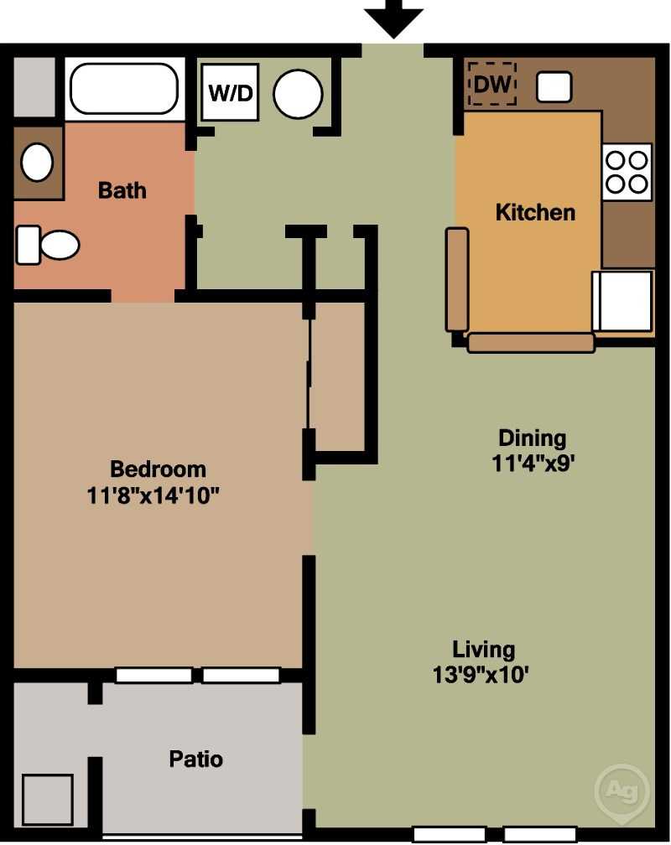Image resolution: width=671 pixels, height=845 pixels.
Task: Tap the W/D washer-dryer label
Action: pyautogui.click(x=231, y=93)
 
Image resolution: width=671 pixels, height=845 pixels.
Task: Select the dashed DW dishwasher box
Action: pyautogui.click(x=492, y=84)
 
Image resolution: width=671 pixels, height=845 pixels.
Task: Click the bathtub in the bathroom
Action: pyautogui.click(x=124, y=89)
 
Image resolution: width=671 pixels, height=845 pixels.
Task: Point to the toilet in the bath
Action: pyautogui.click(x=48, y=245)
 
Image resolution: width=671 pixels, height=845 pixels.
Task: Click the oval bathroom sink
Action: pyautogui.click(x=37, y=162)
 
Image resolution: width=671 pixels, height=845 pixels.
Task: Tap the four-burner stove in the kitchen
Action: pyautogui.click(x=627, y=172)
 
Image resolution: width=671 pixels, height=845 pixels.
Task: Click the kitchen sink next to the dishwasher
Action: pyautogui.click(x=554, y=86)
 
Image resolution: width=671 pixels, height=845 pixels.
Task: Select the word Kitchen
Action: pyautogui.click(x=535, y=212)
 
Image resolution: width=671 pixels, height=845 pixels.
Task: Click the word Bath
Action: pyautogui.click(x=122, y=190)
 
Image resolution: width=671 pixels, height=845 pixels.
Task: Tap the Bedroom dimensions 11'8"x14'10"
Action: pyautogui.click(x=153, y=495)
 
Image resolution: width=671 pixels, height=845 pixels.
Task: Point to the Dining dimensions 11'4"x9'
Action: pyautogui.click(x=531, y=463)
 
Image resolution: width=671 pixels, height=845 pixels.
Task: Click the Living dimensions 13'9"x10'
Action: pyautogui.click(x=481, y=674)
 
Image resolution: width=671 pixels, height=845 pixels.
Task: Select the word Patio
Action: pyautogui.click(x=195, y=759)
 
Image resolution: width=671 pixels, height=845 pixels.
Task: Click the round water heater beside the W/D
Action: pyautogui.click(x=298, y=94)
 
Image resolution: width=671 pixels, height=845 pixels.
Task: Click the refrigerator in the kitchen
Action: pyautogui.click(x=622, y=301)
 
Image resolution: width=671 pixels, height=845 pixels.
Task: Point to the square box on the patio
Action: pyautogui.click(x=48, y=800)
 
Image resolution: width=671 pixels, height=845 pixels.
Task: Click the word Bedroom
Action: pyautogui.click(x=158, y=469)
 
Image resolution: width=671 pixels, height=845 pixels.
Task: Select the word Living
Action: pyautogui.click(x=483, y=650)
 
